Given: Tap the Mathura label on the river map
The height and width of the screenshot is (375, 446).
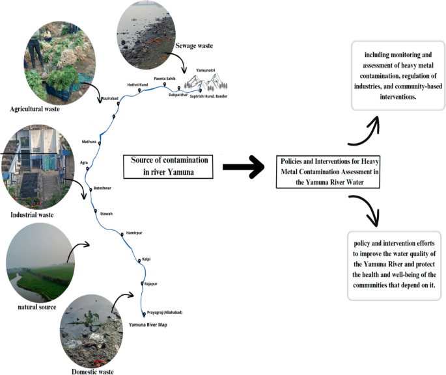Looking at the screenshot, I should [88, 141].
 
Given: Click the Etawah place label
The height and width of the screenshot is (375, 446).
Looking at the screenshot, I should [106, 213].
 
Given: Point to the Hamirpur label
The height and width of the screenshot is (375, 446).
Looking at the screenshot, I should [133, 232].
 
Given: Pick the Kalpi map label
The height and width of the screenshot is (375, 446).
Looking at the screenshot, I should [146, 259].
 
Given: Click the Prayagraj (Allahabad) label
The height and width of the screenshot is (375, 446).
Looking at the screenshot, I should [167, 313].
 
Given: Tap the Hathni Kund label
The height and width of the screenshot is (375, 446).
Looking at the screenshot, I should [137, 84].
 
